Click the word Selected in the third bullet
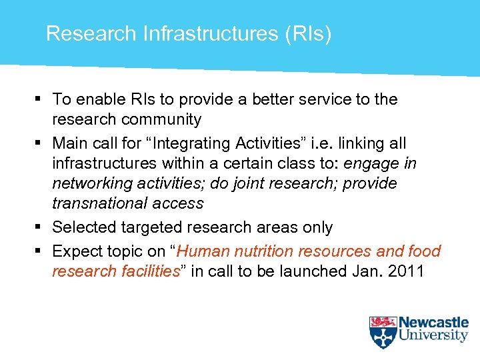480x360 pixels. coord(84,227)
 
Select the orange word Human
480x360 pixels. coord(203,251)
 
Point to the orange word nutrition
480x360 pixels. coord(262,251)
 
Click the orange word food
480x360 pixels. coord(424,251)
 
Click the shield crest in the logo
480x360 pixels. coord(383,332)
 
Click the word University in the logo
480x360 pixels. coord(433,336)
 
